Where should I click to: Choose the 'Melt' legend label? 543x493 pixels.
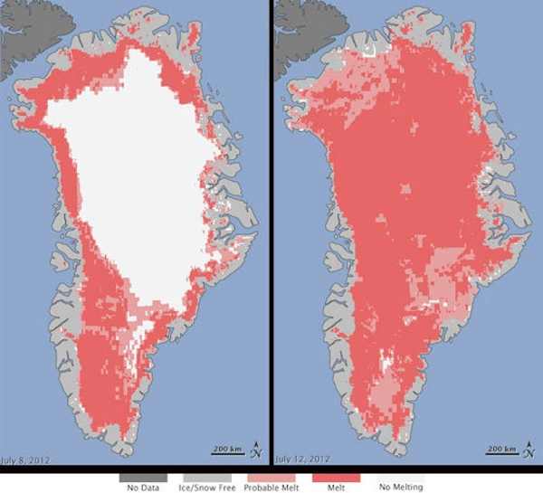331,486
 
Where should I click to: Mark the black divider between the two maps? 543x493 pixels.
271,226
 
